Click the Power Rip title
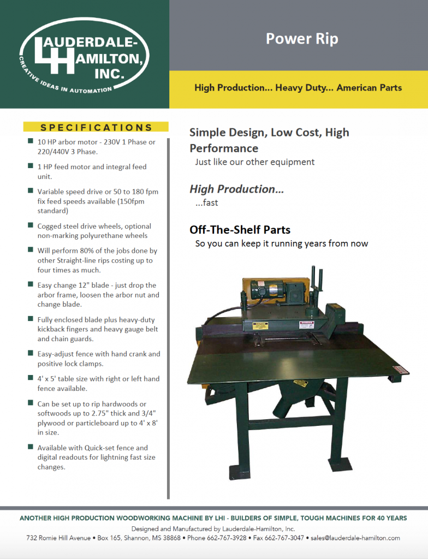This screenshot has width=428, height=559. pyautogui.click(x=302, y=39)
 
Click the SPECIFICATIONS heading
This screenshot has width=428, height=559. pyautogui.click(x=96, y=128)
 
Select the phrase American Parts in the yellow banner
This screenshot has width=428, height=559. pyautogui.click(x=369, y=87)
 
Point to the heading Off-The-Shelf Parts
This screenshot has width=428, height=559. pyautogui.click(x=240, y=230)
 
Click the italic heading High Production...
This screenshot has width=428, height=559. pyautogui.click(x=236, y=189)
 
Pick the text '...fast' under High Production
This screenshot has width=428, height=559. pyautogui.click(x=206, y=203)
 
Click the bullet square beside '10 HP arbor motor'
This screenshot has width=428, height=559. pyautogui.click(x=31, y=142)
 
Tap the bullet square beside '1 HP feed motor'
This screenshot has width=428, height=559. pyautogui.click(x=31, y=166)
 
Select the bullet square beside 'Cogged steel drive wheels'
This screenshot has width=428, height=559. pyautogui.click(x=31, y=226)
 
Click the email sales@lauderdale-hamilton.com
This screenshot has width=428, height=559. pyautogui.click(x=355, y=538)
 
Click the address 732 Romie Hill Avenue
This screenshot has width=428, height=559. pyautogui.click(x=58, y=538)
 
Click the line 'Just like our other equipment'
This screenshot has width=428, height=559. pyautogui.click(x=255, y=162)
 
